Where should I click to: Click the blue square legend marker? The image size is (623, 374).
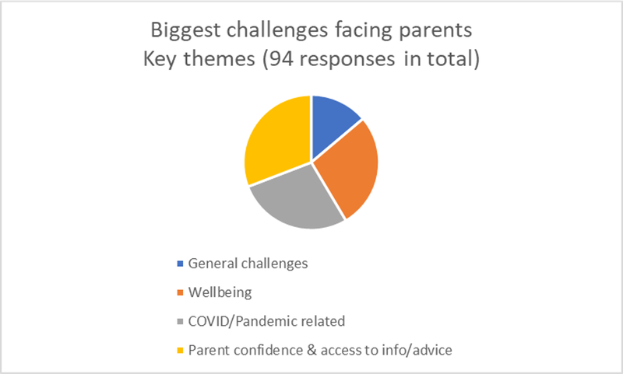tap(180, 264)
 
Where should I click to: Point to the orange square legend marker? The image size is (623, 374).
tap(180, 292)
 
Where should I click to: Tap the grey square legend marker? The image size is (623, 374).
tap(180, 321)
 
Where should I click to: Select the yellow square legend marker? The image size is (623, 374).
tap(180, 351)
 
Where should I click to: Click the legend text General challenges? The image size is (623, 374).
tap(248, 264)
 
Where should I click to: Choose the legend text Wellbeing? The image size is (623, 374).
tap(220, 292)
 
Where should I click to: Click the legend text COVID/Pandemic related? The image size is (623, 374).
tap(266, 321)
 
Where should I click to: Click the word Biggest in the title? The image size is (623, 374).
tap(185, 31)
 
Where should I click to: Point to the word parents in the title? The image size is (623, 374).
tap(435, 31)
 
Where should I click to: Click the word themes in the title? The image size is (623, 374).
tap(219, 59)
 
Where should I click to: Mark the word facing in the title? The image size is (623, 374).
tap(363, 31)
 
